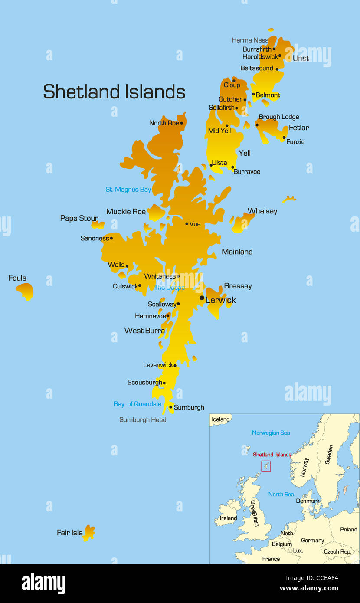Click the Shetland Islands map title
(114, 92)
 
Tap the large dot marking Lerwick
(202, 298)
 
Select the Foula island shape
(26, 291)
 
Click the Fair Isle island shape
(89, 533)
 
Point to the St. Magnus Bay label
(128, 190)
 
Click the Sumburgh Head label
(143, 420)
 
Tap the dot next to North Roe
(181, 123)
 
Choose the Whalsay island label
(262, 211)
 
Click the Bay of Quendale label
(137, 404)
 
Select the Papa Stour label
(79, 219)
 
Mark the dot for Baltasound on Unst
(277, 69)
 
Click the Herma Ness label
(250, 40)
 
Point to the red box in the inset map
(266, 466)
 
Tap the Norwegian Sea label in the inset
(271, 433)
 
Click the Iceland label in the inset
(220, 419)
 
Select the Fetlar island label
(299, 128)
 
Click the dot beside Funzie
(284, 138)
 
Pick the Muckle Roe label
(126, 212)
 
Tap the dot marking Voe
(187, 224)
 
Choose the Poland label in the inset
(349, 530)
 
